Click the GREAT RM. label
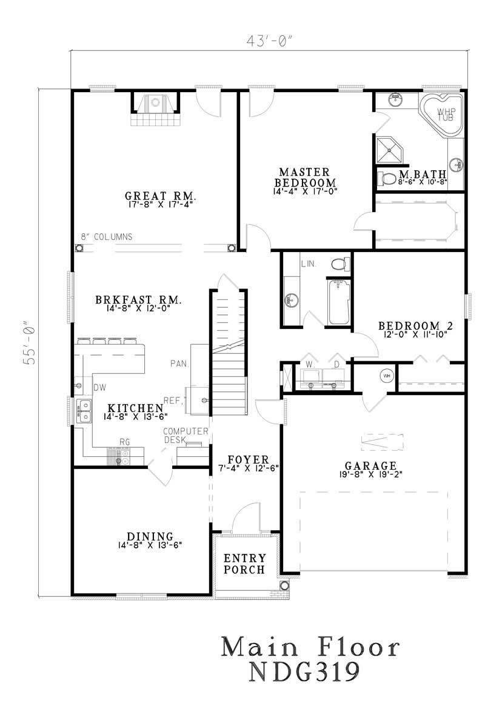[160, 196]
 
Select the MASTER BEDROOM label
[305, 177]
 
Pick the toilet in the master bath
[386, 178]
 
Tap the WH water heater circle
[386, 376]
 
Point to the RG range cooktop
[122, 456]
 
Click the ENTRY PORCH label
[244, 564]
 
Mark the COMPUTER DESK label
[186, 435]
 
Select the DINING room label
[150, 536]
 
